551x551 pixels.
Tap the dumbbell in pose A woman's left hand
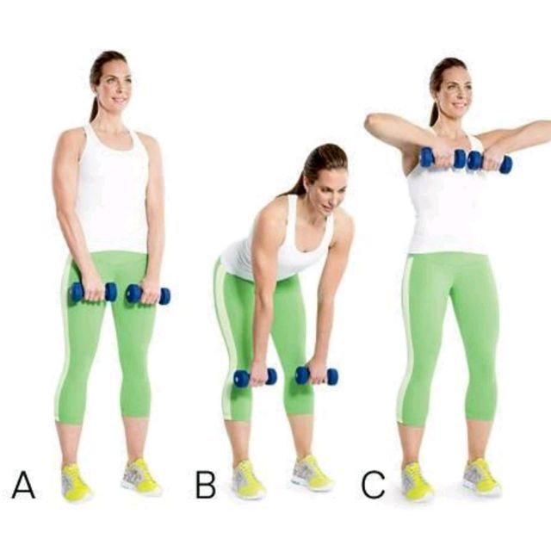(x=147, y=294)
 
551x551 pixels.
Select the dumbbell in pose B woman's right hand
(x=255, y=377)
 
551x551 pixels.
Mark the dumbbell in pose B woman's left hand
(x=316, y=375)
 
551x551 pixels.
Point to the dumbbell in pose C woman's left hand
(x=489, y=162)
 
